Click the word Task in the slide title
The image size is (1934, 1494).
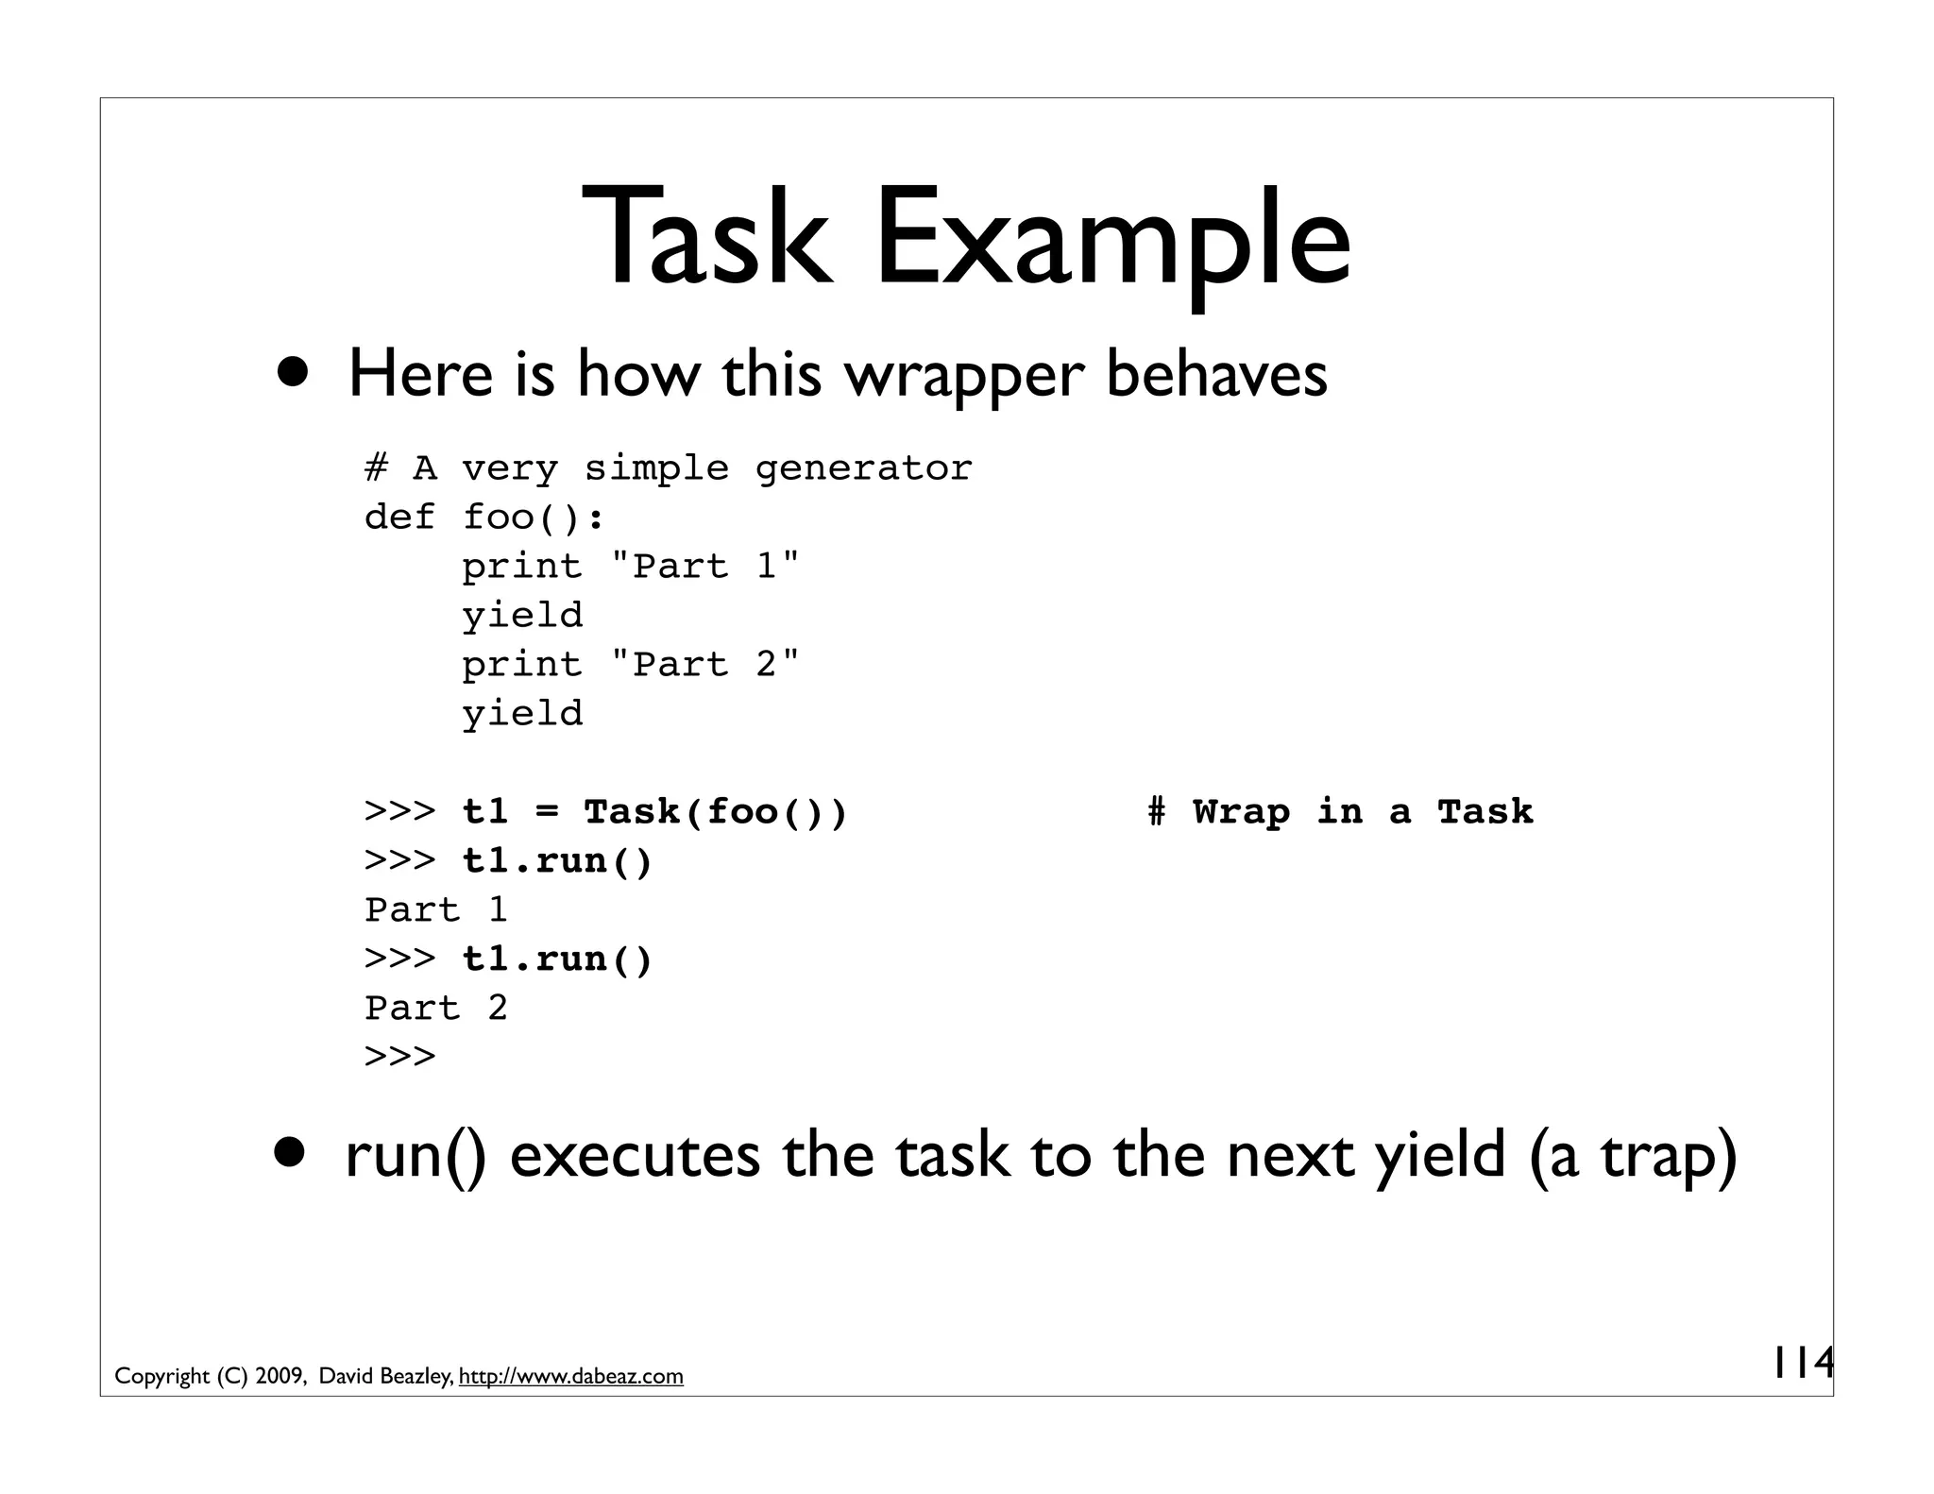[x=706, y=237]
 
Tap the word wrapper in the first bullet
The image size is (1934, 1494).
[x=962, y=375]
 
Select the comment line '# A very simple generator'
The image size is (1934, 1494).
[x=668, y=468]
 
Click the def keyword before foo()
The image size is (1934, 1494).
[x=399, y=518]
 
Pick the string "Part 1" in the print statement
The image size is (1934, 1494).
[x=704, y=567]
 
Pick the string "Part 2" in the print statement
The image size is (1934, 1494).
[x=704, y=665]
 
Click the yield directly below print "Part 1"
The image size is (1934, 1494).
[x=522, y=616]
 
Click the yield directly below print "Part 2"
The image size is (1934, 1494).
[x=522, y=714]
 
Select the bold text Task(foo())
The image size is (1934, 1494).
[x=715, y=812]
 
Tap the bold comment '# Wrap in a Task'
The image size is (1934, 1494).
[x=1339, y=812]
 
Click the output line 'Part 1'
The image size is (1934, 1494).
[x=436, y=910]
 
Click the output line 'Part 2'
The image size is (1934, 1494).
[x=436, y=1009]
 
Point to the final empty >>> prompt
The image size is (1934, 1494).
[x=399, y=1056]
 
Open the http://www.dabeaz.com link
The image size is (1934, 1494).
[x=570, y=1377]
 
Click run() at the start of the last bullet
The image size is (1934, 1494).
[x=416, y=1156]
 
